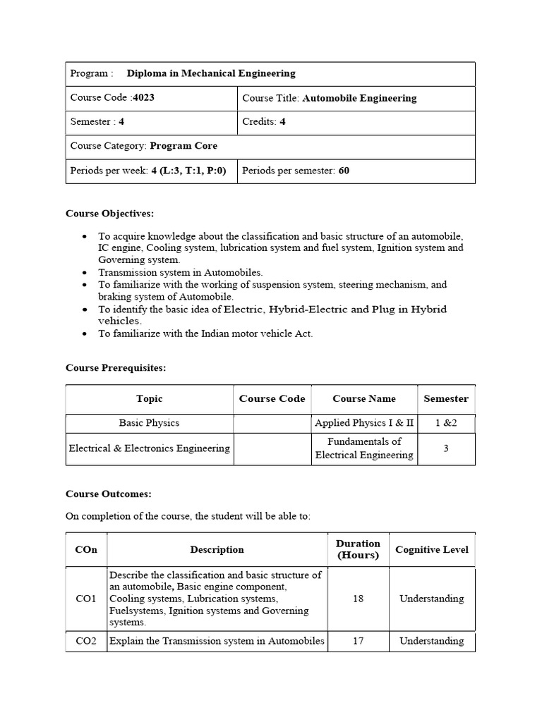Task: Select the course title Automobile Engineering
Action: pyautogui.click(x=359, y=98)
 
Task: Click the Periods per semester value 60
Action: pyautogui.click(x=344, y=171)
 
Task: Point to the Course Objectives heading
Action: pyautogui.click(x=109, y=213)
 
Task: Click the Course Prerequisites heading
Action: pyautogui.click(x=116, y=367)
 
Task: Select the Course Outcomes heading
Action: pyautogui.click(x=108, y=494)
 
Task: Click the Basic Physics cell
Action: pyautogui.click(x=149, y=423)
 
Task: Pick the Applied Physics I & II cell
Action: pyautogui.click(x=364, y=423)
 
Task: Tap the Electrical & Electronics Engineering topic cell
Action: pyautogui.click(x=149, y=448)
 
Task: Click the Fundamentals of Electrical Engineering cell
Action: pyautogui.click(x=364, y=448)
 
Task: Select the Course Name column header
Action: pyautogui.click(x=364, y=398)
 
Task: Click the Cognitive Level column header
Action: pyautogui.click(x=431, y=549)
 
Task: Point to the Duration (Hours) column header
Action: pyautogui.click(x=358, y=549)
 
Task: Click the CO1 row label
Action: pyautogui.click(x=86, y=599)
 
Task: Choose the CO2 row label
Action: pyautogui.click(x=86, y=641)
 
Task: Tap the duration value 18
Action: pyautogui.click(x=358, y=599)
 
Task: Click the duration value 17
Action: pyautogui.click(x=358, y=641)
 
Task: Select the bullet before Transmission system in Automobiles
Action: pyautogui.click(x=85, y=272)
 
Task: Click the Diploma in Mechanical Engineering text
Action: pyautogui.click(x=211, y=73)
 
